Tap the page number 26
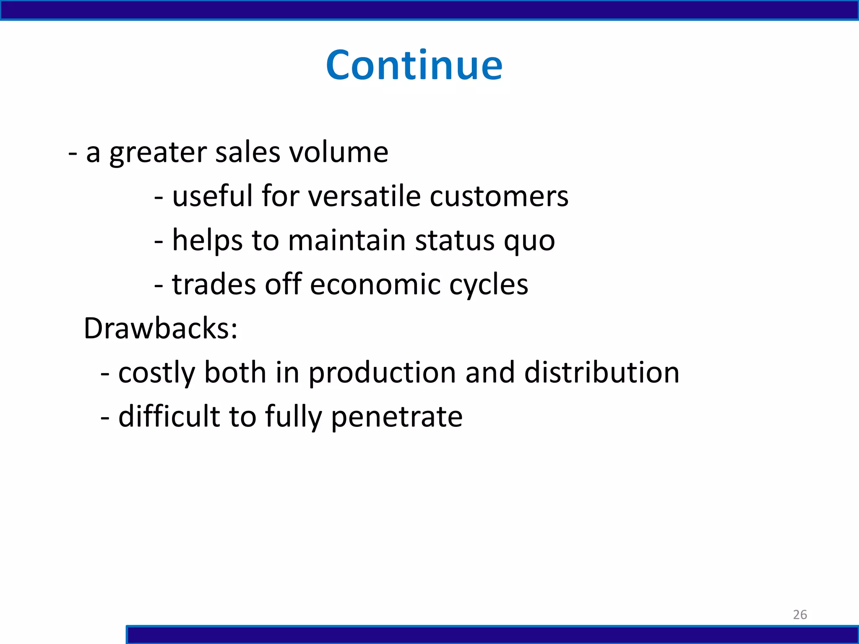click(x=800, y=615)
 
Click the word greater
click(x=158, y=153)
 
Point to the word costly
click(x=156, y=373)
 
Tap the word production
click(x=382, y=373)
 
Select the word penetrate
click(x=397, y=418)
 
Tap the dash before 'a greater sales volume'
click(x=73, y=153)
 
